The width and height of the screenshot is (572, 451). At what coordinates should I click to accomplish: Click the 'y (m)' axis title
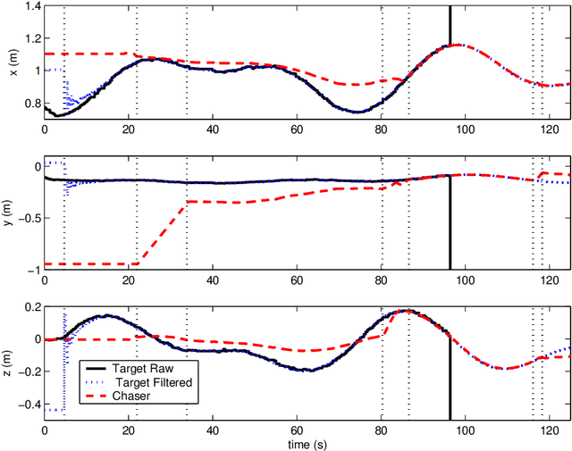point(11,213)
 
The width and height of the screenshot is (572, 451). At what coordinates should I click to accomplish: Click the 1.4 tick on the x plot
point(29,7)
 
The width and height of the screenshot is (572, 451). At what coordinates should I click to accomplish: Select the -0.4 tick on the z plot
point(28,404)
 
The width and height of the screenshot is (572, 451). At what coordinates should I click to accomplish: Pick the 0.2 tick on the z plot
point(29,306)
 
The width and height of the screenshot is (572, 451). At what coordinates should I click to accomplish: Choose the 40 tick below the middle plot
point(213,280)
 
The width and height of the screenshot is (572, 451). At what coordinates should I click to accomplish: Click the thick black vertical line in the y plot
point(450,223)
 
